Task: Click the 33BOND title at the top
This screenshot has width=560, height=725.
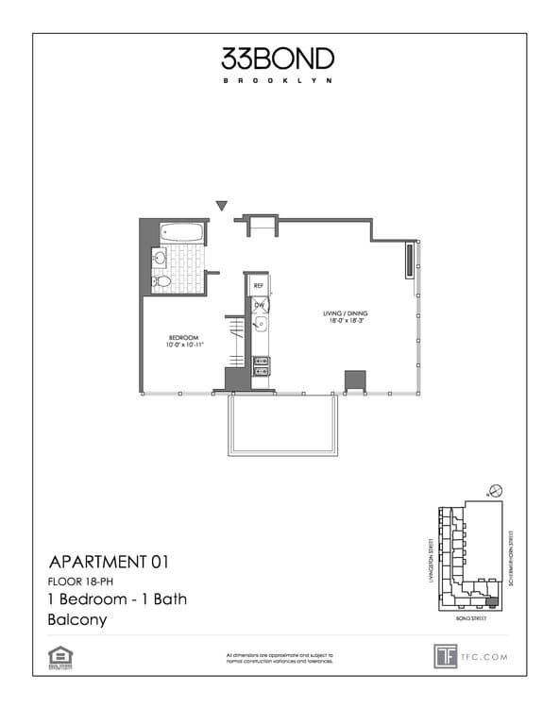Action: [x=278, y=59]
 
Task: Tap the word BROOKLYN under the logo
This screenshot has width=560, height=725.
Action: [x=278, y=80]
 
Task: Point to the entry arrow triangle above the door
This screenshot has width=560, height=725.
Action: [x=222, y=205]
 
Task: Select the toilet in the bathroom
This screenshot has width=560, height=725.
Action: [x=161, y=281]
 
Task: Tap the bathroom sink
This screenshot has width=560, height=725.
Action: [x=160, y=257]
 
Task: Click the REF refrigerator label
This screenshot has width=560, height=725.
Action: [x=257, y=282]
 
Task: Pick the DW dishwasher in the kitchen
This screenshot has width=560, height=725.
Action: [x=258, y=304]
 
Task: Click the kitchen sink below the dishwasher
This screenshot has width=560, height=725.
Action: [x=261, y=327]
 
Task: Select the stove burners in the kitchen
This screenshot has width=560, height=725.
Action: [x=261, y=365]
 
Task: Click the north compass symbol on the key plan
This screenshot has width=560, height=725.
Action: [x=495, y=492]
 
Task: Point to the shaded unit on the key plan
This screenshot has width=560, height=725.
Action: [x=490, y=600]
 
